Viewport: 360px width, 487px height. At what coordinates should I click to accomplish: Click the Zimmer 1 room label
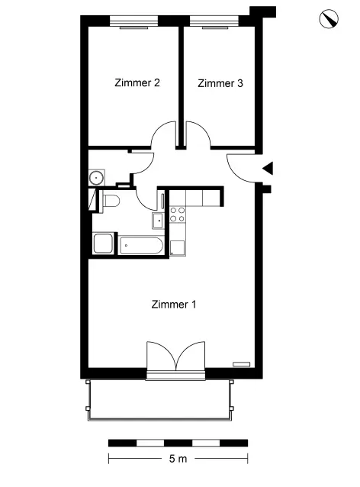pos(174,305)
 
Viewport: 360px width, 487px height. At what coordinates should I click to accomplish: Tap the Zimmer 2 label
pos(137,83)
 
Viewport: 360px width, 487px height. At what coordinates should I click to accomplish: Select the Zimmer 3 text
pos(220,83)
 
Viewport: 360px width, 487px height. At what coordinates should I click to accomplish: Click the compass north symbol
pos(329,19)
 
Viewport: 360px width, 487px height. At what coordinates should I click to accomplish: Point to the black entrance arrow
pos(268,169)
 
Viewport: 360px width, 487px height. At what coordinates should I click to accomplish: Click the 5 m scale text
pos(178,459)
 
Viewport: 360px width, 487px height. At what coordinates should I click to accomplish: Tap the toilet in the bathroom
pos(110,201)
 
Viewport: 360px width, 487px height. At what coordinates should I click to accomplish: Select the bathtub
pos(141,246)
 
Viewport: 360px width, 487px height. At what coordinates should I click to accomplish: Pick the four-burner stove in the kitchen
pos(178,214)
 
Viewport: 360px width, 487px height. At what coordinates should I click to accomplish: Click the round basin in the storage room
pos(97,178)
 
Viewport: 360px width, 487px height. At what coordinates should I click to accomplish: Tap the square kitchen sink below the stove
pos(178,248)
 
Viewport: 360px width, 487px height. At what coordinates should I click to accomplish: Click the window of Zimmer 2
pos(134,22)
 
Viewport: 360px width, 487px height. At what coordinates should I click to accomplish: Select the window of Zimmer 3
pos(214,22)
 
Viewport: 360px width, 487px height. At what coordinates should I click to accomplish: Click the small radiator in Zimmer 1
pos(242,364)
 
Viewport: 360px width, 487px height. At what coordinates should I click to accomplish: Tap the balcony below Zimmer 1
pos(159,400)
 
